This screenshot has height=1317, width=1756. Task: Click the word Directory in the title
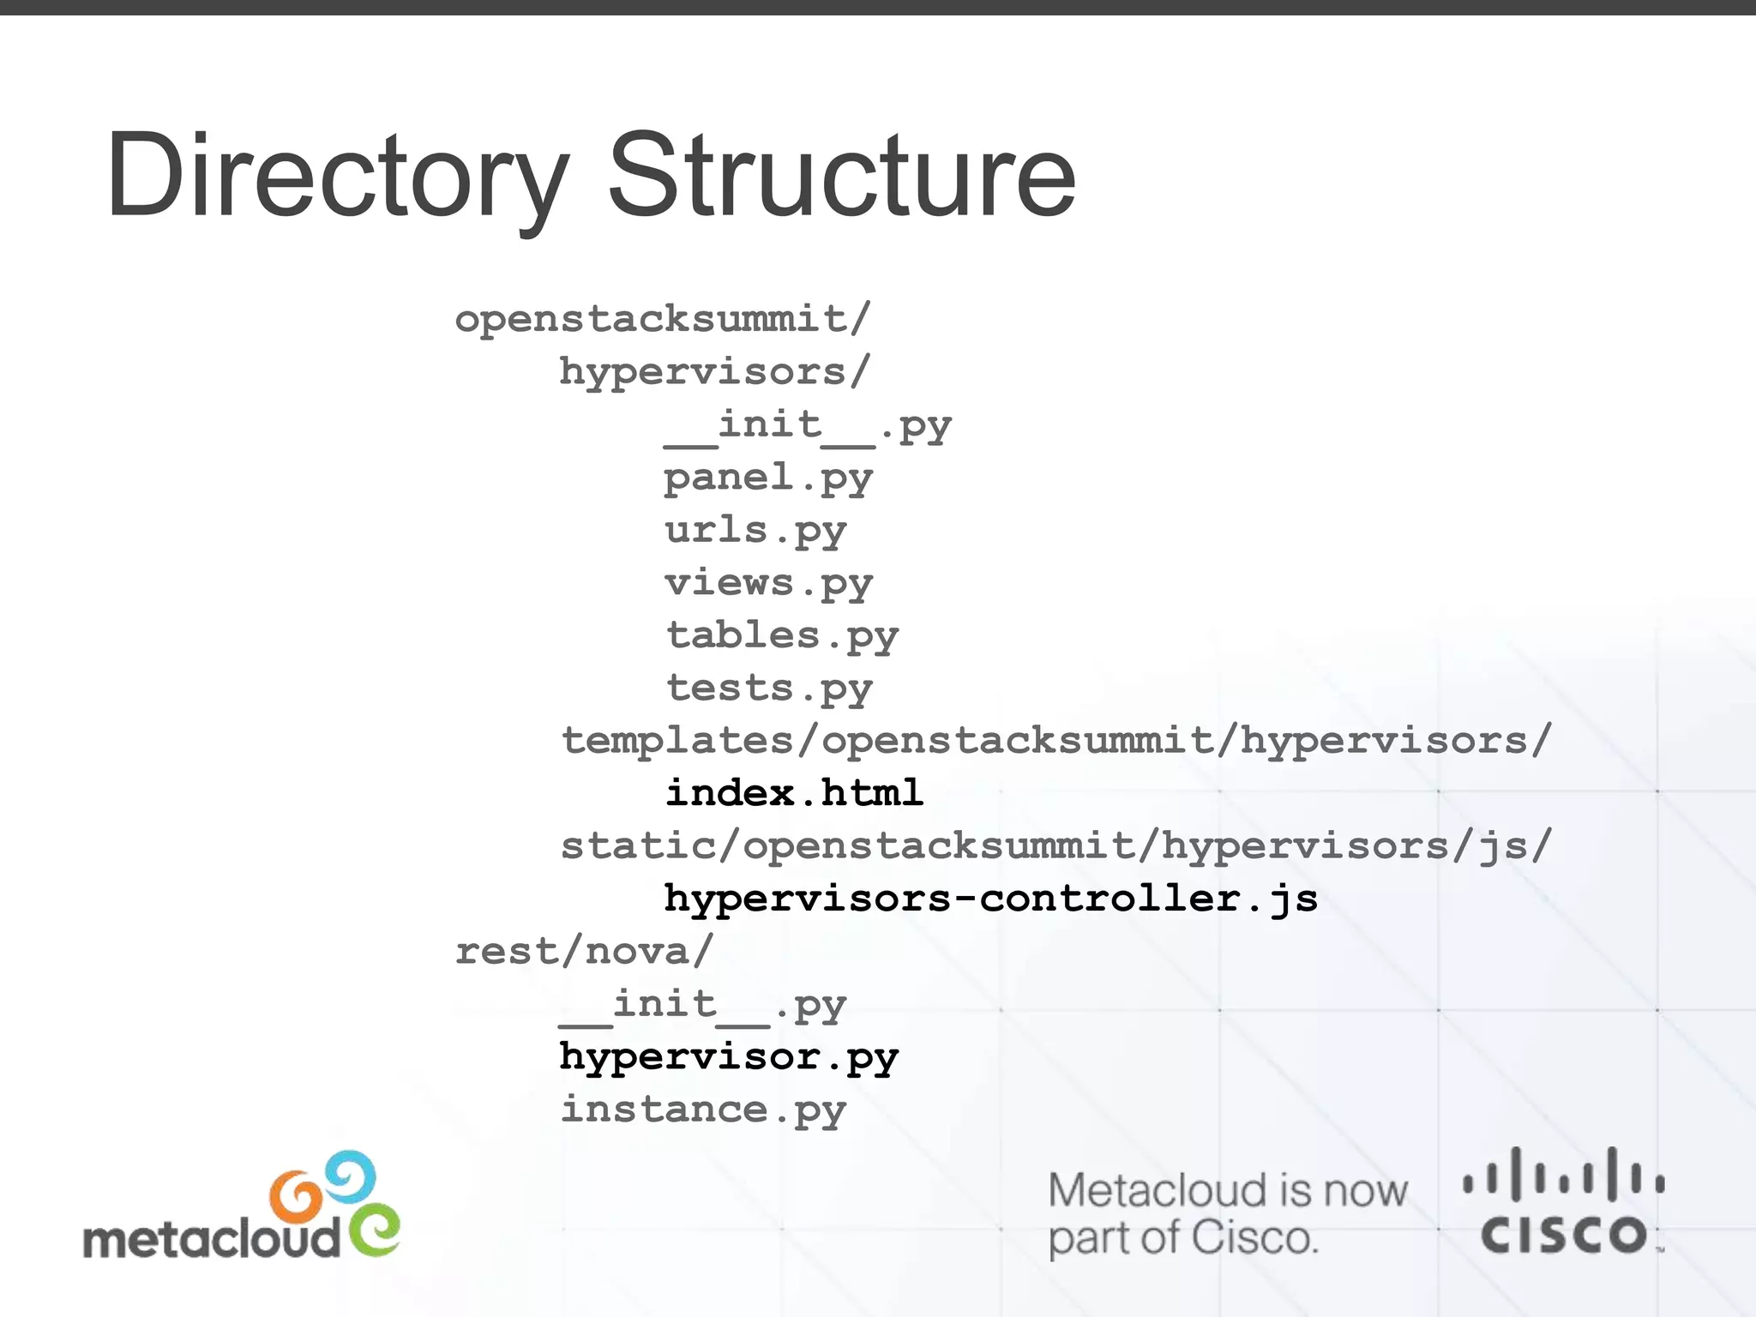pos(336,176)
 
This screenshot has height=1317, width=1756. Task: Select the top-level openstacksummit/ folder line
pos(662,319)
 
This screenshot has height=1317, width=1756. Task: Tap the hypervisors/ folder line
pos(714,372)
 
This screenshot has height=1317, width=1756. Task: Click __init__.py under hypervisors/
pos(807,426)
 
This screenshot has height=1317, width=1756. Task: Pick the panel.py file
pos(767,478)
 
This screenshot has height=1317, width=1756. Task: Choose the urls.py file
pos(755,531)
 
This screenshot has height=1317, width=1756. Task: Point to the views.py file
pos(767,584)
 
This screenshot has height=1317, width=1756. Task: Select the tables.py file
pos(781,636)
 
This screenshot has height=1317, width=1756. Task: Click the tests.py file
pos(768,689)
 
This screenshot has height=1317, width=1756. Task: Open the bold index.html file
pos(794,793)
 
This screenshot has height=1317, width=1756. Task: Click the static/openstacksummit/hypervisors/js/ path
pos(1055,846)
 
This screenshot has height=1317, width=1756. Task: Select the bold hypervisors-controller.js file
pos(990,899)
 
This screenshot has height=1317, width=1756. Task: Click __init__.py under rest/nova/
pos(702,1005)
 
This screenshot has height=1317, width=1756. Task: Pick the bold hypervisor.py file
pos(728,1057)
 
